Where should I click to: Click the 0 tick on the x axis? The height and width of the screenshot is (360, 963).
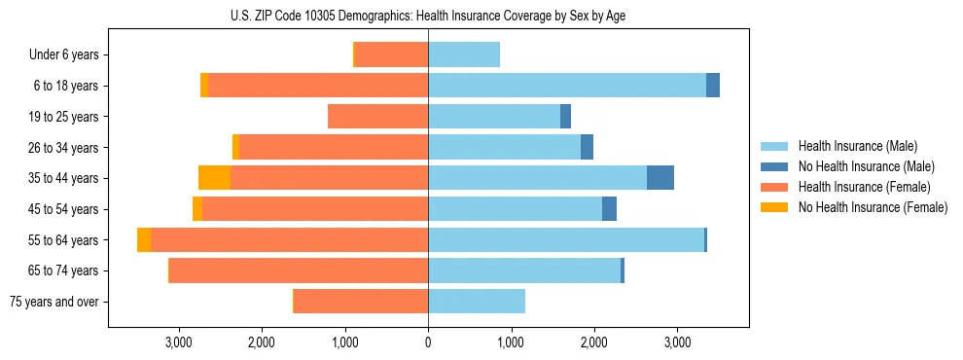click(x=428, y=342)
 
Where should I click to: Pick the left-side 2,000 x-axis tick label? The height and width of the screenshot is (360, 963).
click(x=262, y=342)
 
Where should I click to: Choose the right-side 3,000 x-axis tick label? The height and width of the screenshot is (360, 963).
click(x=677, y=342)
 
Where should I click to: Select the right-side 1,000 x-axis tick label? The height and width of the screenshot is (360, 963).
click(x=511, y=342)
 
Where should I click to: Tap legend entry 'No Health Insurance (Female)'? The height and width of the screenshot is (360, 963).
click(x=872, y=207)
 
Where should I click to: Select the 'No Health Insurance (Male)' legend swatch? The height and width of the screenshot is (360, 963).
click(x=775, y=166)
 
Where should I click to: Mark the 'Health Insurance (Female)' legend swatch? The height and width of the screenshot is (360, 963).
click(x=775, y=187)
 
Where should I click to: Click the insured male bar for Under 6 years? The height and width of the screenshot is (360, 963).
click(x=464, y=55)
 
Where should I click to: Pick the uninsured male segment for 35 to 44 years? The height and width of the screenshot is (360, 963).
click(x=660, y=178)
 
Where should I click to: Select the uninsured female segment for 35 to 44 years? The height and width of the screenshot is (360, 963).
click(x=214, y=178)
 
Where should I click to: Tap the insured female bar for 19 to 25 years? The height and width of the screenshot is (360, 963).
click(x=377, y=117)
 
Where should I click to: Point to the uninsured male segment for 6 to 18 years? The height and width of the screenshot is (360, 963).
click(x=713, y=86)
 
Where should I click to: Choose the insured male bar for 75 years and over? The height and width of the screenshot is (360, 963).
click(x=477, y=302)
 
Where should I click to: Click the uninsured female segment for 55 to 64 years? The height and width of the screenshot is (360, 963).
click(x=144, y=240)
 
